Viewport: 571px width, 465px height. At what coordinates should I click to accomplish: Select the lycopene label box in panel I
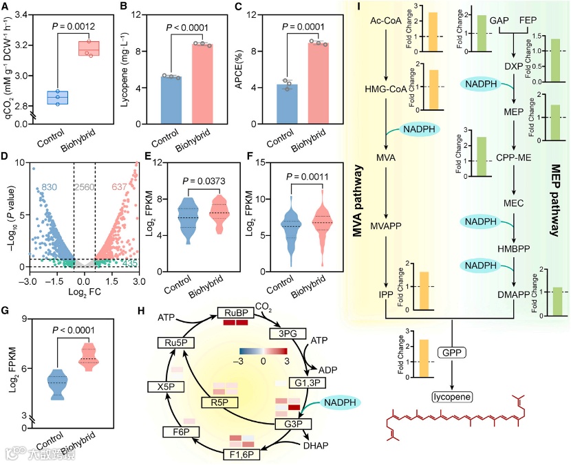[x=451, y=397]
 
